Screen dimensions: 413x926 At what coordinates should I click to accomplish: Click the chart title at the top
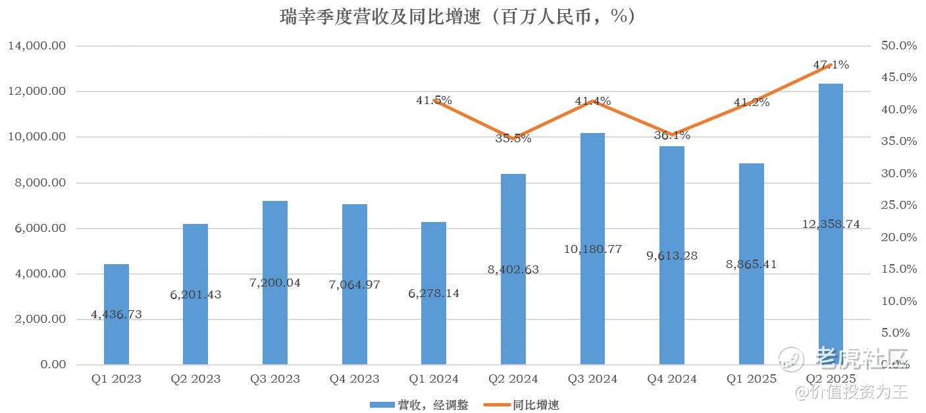click(x=458, y=16)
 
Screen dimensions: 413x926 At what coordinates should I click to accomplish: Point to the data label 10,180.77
click(x=593, y=250)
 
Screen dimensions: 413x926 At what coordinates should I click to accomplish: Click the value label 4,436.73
click(x=116, y=315)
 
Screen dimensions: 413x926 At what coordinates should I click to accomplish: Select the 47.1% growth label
click(x=831, y=65)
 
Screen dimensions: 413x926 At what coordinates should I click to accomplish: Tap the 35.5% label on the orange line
click(x=513, y=138)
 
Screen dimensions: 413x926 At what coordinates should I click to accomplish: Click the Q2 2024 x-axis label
click(x=513, y=379)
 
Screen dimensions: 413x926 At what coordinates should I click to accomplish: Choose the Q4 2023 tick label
click(x=355, y=379)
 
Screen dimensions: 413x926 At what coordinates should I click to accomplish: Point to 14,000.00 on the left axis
click(x=37, y=46)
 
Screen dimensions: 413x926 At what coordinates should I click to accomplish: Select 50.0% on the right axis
click(x=899, y=46)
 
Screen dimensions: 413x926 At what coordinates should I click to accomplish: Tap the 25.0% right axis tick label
click(x=899, y=206)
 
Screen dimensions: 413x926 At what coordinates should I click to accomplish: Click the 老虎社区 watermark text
click(x=862, y=359)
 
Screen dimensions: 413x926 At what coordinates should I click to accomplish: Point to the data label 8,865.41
click(x=752, y=265)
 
